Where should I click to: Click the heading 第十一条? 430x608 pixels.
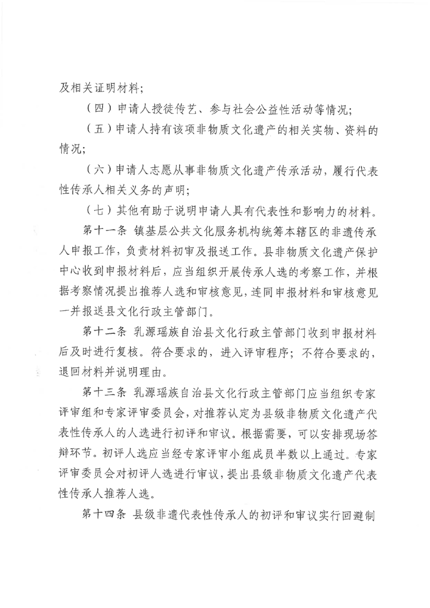coord(103,232)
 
